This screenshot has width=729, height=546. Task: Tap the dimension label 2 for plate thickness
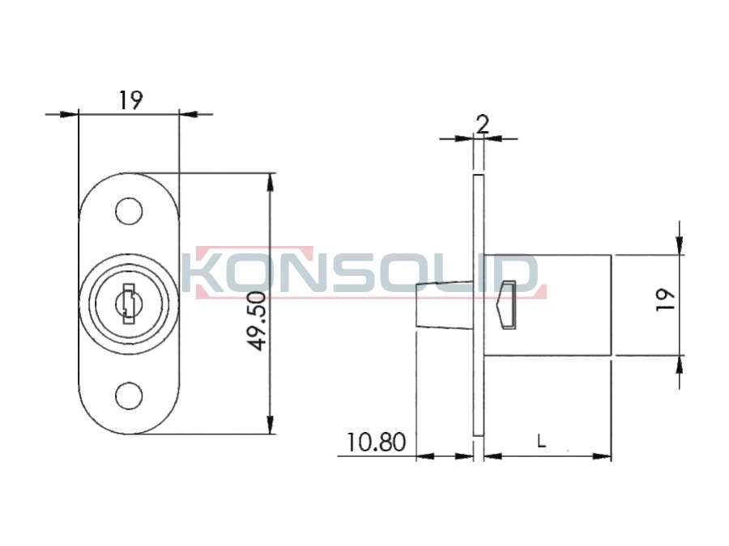pyautogui.click(x=483, y=124)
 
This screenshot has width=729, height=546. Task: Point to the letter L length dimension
pyautogui.click(x=541, y=441)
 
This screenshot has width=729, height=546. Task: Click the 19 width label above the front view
pyautogui.click(x=130, y=99)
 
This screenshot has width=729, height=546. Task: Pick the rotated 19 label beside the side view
pyautogui.click(x=665, y=299)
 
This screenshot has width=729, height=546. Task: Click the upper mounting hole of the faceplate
pyautogui.click(x=129, y=211)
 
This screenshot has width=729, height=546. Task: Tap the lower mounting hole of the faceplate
pyautogui.click(x=129, y=396)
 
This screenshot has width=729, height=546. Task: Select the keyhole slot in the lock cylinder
pyautogui.click(x=128, y=304)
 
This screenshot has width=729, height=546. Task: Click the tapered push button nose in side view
pyautogui.click(x=445, y=305)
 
